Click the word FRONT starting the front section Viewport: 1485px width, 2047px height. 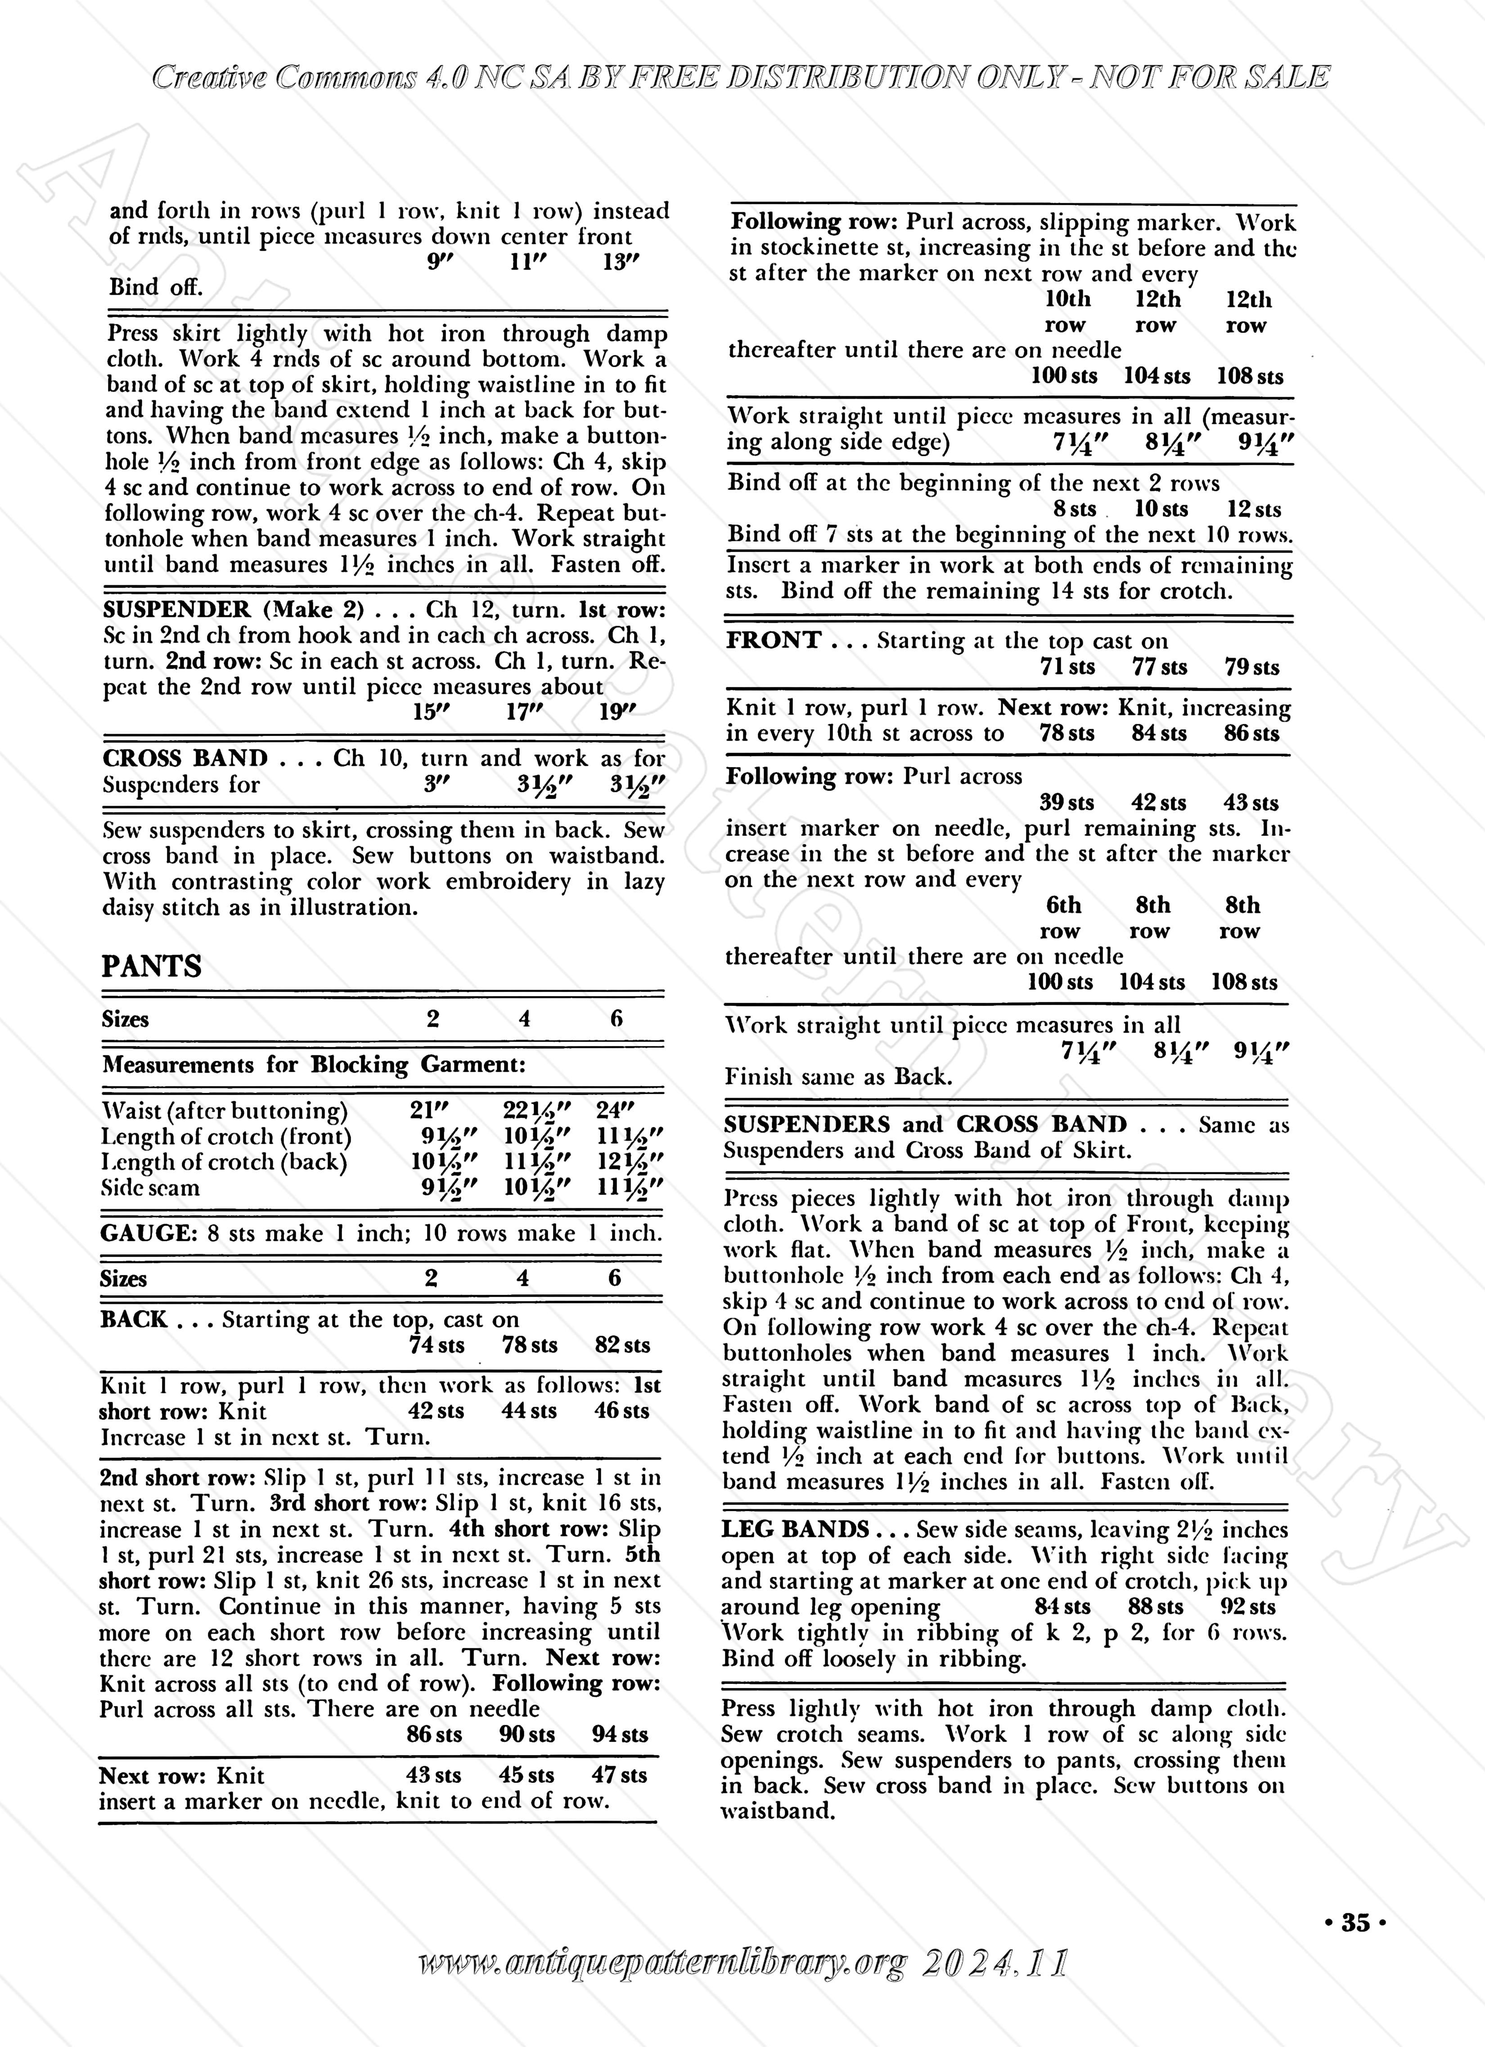point(774,641)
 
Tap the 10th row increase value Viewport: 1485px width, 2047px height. point(1067,311)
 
